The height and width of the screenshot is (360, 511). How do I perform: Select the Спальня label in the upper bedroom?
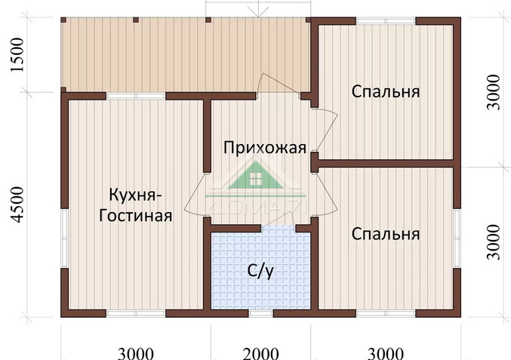click(x=385, y=91)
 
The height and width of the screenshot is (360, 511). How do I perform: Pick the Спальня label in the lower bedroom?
click(x=385, y=234)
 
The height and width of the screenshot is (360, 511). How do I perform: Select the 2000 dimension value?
click(x=260, y=352)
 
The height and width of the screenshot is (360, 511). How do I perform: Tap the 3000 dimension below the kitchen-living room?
click(x=136, y=352)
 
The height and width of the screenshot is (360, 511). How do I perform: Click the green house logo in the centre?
click(x=255, y=181)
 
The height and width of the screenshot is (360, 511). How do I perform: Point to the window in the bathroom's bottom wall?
click(x=260, y=312)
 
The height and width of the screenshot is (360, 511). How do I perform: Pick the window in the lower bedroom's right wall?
click(x=457, y=237)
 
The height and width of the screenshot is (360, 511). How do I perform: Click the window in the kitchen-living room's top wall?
click(x=135, y=96)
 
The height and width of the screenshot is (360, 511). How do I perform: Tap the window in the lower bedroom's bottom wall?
click(x=385, y=312)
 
